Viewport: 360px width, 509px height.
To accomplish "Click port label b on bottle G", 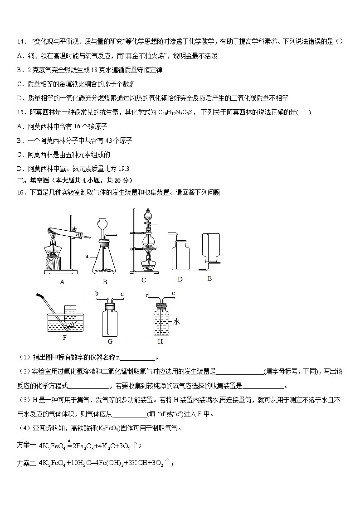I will point(97,294).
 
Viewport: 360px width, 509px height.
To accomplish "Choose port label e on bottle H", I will point(174,294).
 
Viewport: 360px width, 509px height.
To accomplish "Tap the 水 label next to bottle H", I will point(177,321).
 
